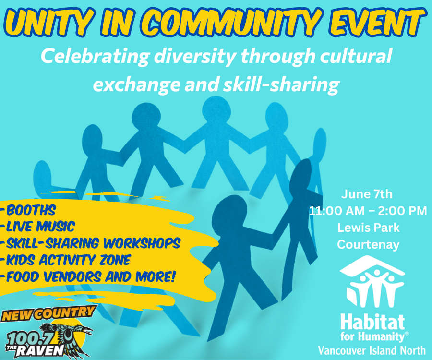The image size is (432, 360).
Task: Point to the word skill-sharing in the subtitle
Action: (x=281, y=84)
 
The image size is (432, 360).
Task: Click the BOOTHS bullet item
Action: (x=31, y=210)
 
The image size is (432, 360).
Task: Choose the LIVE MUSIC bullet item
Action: (x=40, y=227)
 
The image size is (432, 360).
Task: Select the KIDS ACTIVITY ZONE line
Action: (x=68, y=260)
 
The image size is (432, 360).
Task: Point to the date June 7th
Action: (x=366, y=194)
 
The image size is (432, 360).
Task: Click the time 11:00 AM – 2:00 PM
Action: (x=368, y=211)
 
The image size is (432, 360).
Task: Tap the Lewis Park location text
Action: (x=368, y=228)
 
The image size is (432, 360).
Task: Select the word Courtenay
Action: (x=368, y=245)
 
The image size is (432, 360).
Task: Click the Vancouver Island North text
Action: (x=372, y=350)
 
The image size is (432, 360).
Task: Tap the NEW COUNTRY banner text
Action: (x=49, y=313)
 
